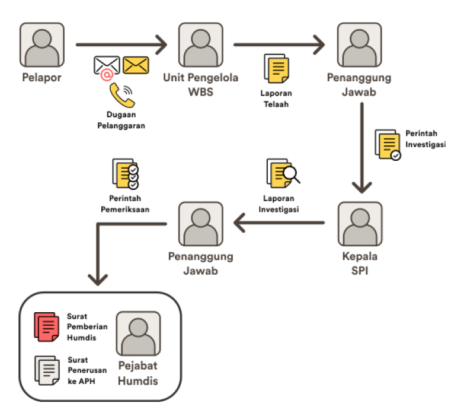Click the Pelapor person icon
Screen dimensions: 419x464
click(x=42, y=46)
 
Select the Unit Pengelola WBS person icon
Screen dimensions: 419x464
click(x=201, y=46)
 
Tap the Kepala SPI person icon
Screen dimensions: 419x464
click(x=360, y=224)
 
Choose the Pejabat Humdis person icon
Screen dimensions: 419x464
click(x=138, y=334)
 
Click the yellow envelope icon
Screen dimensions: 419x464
click(x=136, y=65)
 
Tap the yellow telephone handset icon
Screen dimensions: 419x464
click(x=121, y=94)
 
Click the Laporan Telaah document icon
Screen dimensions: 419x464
click(x=276, y=69)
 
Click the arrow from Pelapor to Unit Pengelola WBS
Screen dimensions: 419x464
click(x=121, y=44)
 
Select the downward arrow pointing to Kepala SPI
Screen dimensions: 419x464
click(x=361, y=148)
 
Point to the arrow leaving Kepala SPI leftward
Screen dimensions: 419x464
click(x=279, y=223)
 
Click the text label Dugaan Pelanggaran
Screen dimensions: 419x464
click(x=121, y=121)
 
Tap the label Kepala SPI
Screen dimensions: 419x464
click(x=360, y=262)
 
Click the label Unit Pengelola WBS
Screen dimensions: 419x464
click(x=201, y=85)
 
